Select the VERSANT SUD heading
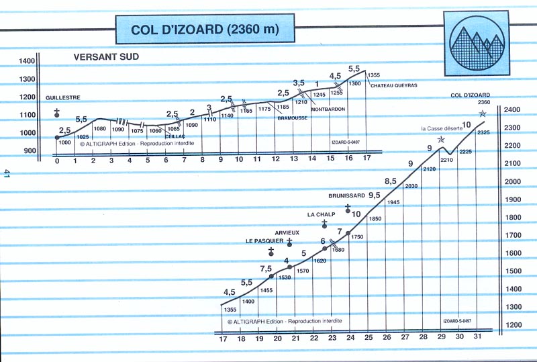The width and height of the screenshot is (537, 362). pos(106,57)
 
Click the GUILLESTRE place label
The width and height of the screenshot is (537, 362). pos(63,97)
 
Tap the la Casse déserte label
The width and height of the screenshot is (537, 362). pos(441,128)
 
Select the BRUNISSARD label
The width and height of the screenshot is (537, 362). pos(346,195)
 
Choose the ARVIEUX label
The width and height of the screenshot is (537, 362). pos(287,232)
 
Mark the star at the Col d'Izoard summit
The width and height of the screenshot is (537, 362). pos(482,114)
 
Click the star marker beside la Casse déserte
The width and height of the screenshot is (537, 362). pos(441,140)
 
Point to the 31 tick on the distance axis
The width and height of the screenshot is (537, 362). pos(477,337)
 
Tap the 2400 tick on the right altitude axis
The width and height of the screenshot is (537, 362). pos(513,109)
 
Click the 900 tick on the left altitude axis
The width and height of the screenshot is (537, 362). pos(28,151)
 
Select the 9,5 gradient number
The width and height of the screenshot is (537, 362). pos(373,195)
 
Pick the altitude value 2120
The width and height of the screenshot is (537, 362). pos(430,169)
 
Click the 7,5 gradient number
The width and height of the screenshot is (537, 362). pos(265,269)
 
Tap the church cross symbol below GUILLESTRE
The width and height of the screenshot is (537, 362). pos(58,111)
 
